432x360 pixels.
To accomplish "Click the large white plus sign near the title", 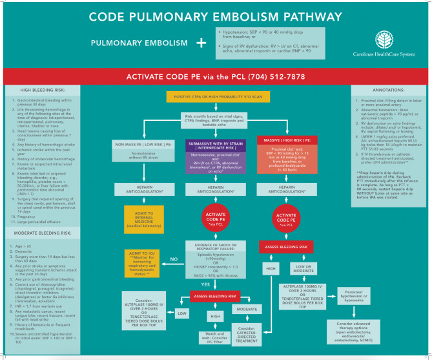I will tap(201, 43).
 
